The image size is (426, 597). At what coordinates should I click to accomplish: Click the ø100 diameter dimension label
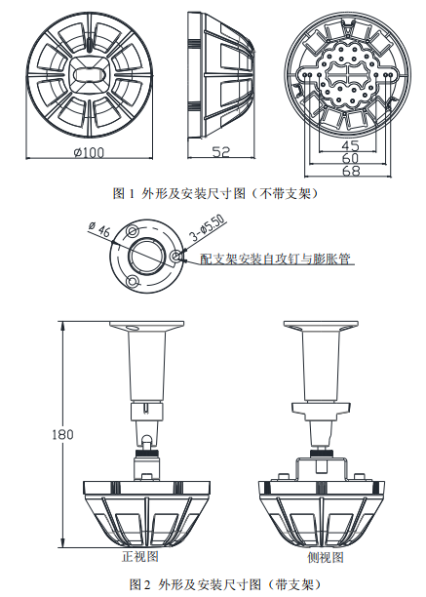pos(90,152)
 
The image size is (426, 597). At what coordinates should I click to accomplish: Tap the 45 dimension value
pos(351,145)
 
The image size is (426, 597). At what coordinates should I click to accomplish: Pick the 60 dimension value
pos(351,158)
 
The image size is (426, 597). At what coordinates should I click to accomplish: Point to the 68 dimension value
pos(351,171)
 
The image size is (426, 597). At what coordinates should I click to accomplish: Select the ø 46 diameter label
pos(100,229)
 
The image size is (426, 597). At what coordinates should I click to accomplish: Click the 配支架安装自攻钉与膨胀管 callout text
pos(275,259)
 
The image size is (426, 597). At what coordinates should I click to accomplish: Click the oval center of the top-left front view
pos(90,76)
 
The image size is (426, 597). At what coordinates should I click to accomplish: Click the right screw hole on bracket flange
pos(175,257)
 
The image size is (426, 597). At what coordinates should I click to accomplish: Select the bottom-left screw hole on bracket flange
pos(132,281)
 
